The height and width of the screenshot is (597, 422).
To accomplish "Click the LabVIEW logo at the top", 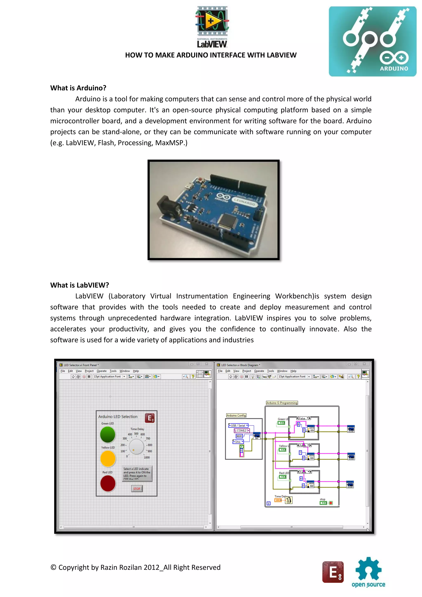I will (x=212, y=27).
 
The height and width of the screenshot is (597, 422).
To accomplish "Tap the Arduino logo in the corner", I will (x=372, y=42).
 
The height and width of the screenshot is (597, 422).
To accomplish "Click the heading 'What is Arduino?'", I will (x=78, y=88).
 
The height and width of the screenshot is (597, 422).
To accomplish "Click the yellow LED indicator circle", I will (x=108, y=458).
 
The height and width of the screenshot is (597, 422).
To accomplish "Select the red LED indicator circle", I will (x=108, y=483).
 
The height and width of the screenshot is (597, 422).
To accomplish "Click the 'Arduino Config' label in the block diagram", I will (x=236, y=415).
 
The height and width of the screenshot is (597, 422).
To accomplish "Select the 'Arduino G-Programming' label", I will (x=282, y=403).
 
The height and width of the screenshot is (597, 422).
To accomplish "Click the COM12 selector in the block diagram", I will (x=242, y=431).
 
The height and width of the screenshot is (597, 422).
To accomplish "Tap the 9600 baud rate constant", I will (x=239, y=436).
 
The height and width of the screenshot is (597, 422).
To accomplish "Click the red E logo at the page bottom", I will (x=333, y=572).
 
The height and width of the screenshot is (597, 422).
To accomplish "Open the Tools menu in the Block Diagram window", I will (x=270, y=371).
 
